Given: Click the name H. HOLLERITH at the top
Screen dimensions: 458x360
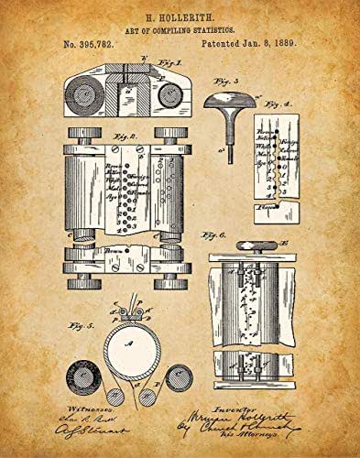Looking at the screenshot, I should [x=180, y=16].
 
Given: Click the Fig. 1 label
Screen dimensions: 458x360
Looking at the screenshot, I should [x=169, y=63].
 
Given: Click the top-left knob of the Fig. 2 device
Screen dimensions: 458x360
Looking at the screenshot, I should [x=77, y=135].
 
